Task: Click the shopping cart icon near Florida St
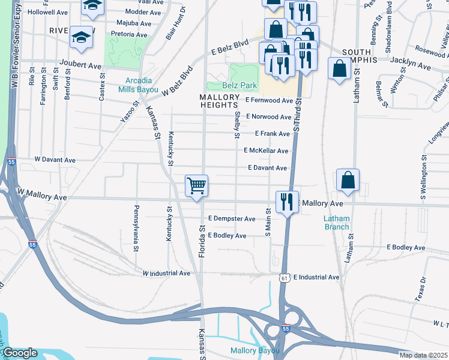pos(196,186)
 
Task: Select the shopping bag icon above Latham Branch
pos(348,180)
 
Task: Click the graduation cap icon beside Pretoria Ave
pos(81,38)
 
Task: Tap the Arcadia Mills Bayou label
pos(138,85)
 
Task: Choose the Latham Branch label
pos(336,223)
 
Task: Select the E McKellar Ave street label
pos(266,151)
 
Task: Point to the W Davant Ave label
pos(55,160)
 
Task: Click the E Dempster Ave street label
pos(232,219)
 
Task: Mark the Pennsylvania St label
pos(136,228)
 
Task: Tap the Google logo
pos(20,353)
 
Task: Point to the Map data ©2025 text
pos(424,355)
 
